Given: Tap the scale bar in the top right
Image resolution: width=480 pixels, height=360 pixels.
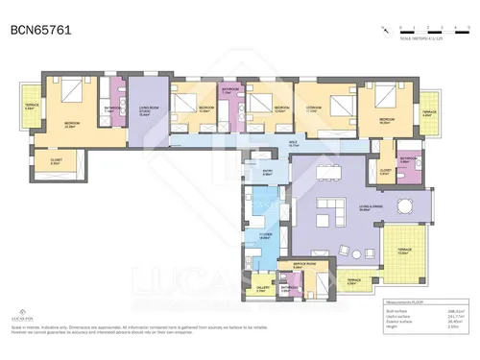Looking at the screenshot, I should tap(422, 33).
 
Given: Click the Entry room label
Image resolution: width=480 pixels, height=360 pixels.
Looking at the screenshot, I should tap(268, 173).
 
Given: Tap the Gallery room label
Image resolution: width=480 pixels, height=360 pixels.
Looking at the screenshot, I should tap(261, 287).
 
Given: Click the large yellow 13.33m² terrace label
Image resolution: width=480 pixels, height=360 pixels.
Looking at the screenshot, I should tap(402, 252).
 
